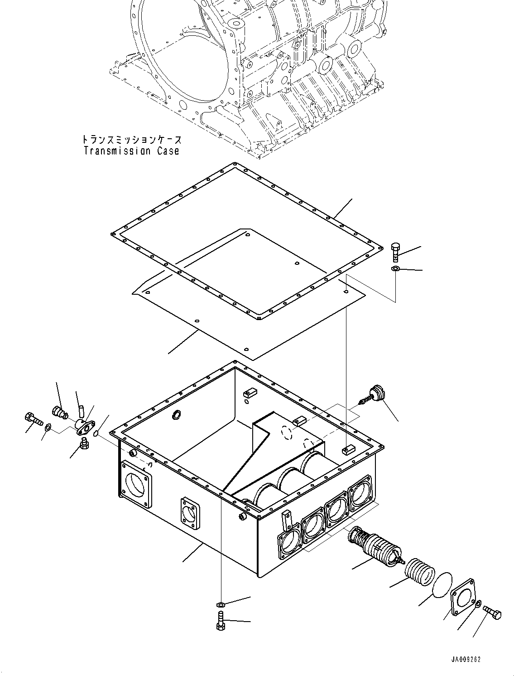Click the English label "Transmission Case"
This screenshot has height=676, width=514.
[x=131, y=151]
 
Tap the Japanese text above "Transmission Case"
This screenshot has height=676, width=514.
[x=131, y=140]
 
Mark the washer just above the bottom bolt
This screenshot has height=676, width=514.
[x=221, y=604]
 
